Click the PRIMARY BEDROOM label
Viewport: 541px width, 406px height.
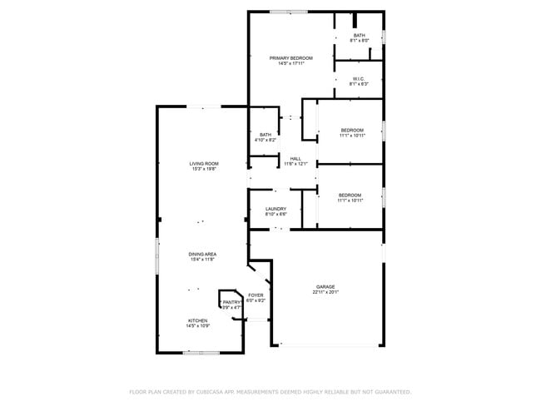tap(290, 57)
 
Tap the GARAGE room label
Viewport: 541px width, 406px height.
tap(325, 286)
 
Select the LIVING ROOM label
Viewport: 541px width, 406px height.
tap(204, 163)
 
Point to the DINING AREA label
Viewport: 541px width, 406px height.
tap(202, 255)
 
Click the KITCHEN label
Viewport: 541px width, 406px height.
tap(197, 320)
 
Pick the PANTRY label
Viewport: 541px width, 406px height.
tap(231, 302)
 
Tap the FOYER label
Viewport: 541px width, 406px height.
tap(256, 295)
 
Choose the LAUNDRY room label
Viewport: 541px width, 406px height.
tap(276, 209)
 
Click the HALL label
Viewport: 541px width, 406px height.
tap(295, 158)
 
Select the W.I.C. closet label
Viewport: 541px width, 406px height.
tap(359, 78)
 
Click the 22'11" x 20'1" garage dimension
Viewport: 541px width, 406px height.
tap(325, 292)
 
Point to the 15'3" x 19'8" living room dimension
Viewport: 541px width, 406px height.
tap(204, 169)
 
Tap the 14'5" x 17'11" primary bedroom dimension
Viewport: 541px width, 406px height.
tap(290, 63)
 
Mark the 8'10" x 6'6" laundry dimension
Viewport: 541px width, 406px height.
tap(276, 215)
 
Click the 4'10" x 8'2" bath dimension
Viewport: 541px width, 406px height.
tap(266, 141)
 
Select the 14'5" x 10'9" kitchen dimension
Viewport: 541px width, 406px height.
tap(197, 326)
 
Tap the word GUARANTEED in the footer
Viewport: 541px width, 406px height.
tap(390, 391)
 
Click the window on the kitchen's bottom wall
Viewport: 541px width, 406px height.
tap(201, 353)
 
